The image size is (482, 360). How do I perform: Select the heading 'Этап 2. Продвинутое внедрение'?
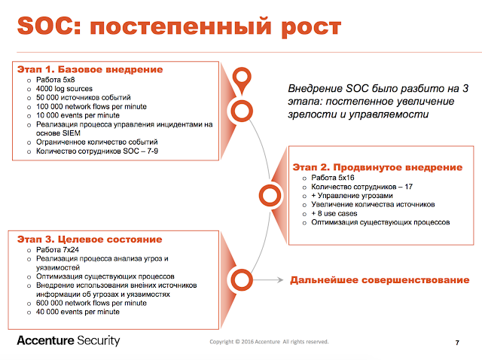click(x=377, y=166)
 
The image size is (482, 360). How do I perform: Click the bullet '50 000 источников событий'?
click(x=84, y=97)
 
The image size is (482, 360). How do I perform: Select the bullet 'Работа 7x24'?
click(x=61, y=249)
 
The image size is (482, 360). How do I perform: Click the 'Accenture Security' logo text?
click(x=69, y=340)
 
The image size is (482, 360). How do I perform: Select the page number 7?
click(x=457, y=343)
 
